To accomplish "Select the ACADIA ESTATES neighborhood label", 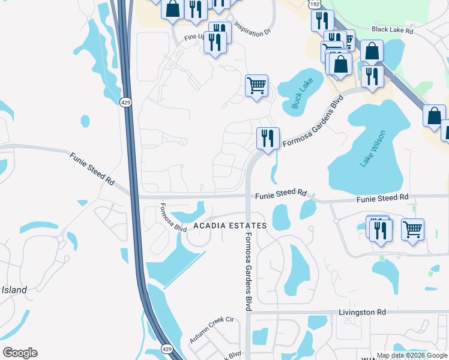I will (x=230, y=226).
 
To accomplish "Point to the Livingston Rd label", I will (x=362, y=313).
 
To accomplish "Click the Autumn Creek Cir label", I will (x=211, y=329).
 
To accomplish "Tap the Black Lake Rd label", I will (x=393, y=29).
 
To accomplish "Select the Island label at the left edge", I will (x=14, y=290).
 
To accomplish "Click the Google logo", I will (x=20, y=352).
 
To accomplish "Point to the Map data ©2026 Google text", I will (x=411, y=355).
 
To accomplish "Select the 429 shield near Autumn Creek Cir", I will (x=167, y=348).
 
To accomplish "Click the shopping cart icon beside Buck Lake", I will (x=256, y=85).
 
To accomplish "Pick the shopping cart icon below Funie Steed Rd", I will (x=412, y=229).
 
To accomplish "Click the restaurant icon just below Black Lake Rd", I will (x=372, y=76).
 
